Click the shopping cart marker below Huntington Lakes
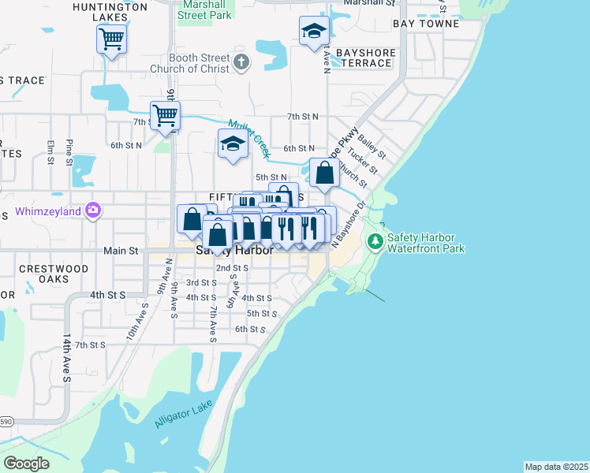pyautogui.click(x=112, y=39)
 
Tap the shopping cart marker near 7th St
pyautogui.click(x=165, y=115)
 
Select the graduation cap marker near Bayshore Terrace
pyautogui.click(x=314, y=32)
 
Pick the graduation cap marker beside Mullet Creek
pyautogui.click(x=232, y=144)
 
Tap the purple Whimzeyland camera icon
pyautogui.click(x=94, y=210)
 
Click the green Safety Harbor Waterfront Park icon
pyautogui.click(x=377, y=240)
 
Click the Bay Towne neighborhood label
pyautogui.click(x=426, y=24)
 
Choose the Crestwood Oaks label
pyautogui.click(x=54, y=274)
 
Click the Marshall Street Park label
pyautogui.click(x=205, y=9)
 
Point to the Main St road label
pyautogui.click(x=121, y=251)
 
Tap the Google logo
pyautogui.click(x=26, y=464)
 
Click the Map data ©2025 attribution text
pyautogui.click(x=556, y=467)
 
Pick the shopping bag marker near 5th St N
pyautogui.click(x=324, y=173)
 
